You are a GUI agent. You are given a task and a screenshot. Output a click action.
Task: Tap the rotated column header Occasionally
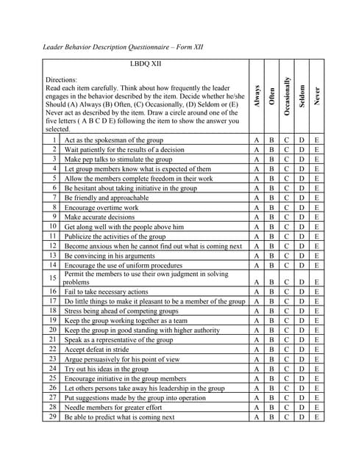287,95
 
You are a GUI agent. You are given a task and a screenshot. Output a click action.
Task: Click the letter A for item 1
257,140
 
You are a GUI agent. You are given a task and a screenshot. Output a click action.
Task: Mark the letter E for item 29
317,417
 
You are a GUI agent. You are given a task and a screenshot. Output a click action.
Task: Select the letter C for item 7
287,198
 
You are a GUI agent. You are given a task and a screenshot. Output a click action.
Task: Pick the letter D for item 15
301,281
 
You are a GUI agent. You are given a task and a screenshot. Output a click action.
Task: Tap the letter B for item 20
271,330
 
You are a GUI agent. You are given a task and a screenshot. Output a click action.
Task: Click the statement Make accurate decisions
99,217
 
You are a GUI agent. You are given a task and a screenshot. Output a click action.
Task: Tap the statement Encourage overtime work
101,208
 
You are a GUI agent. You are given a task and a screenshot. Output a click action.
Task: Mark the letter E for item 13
317,256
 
